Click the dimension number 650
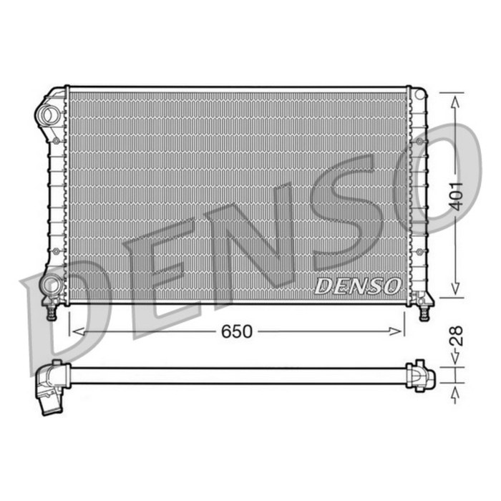tap(236, 331)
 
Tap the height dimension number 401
tap(456, 195)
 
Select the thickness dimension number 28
tap(456, 336)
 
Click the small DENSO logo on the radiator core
tap(357, 286)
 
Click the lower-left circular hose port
tap(50, 285)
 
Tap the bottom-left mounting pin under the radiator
tap(52, 312)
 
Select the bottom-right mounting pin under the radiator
tap(424, 312)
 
